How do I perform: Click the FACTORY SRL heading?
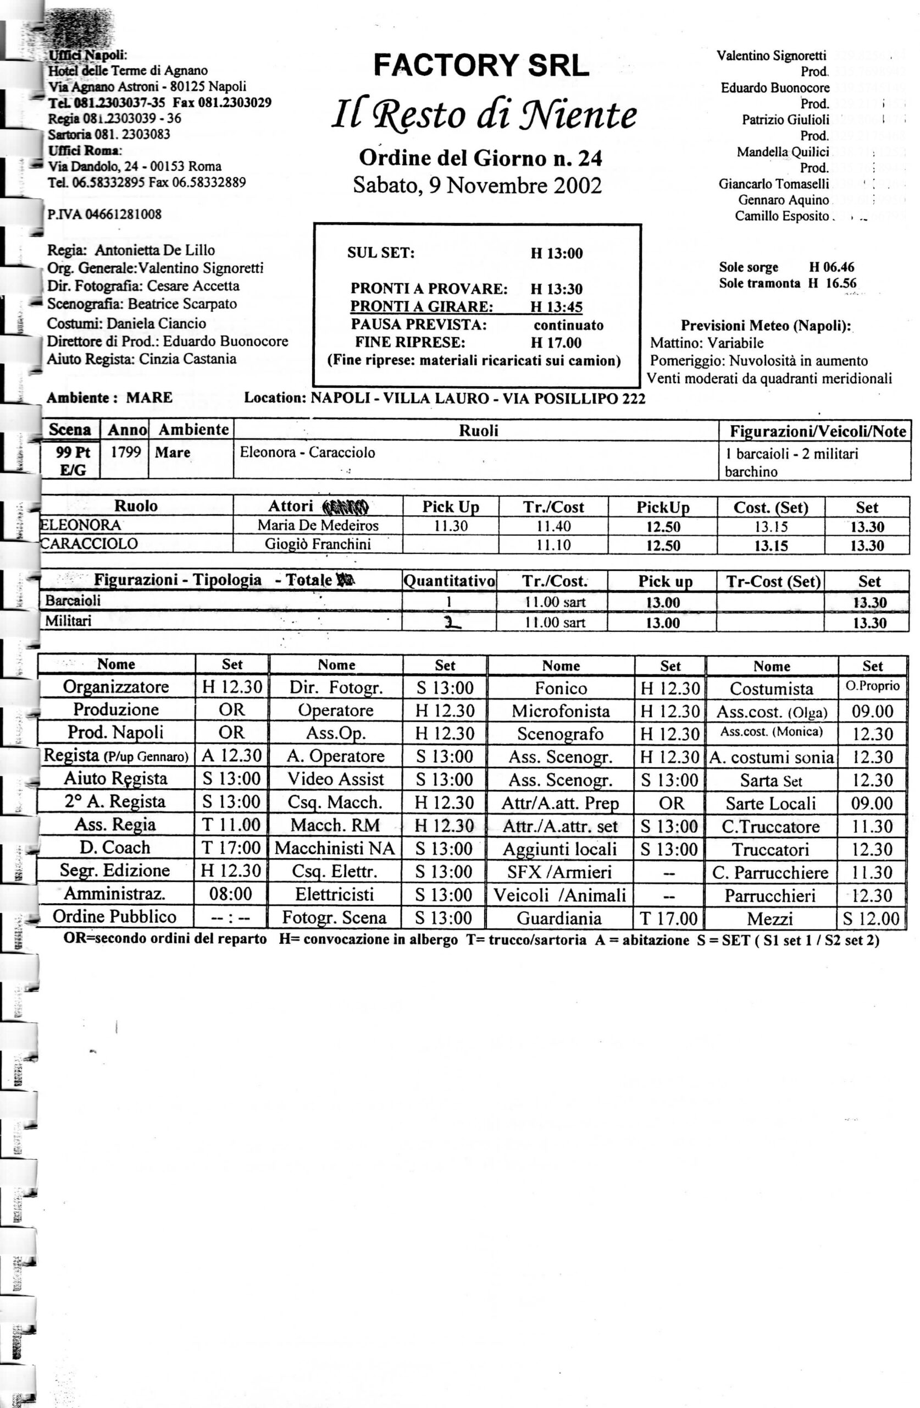coord(481,65)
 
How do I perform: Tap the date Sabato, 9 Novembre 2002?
coord(477,186)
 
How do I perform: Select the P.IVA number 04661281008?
coord(104,214)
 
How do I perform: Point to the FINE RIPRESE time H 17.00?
coord(556,343)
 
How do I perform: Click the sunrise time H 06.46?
coord(832,267)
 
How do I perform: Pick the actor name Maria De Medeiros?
coord(318,525)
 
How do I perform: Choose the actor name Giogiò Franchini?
coord(318,544)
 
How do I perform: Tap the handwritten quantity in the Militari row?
coord(451,623)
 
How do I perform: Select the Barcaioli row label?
coord(73,601)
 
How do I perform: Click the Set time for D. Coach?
coord(231,848)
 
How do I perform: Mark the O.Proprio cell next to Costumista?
coord(873,686)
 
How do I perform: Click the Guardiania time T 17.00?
coord(669,918)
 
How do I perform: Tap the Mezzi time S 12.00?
coord(872,918)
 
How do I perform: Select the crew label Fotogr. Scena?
coord(334,917)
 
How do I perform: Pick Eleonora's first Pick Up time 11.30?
coord(451,525)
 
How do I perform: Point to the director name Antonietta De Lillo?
coord(154,250)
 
